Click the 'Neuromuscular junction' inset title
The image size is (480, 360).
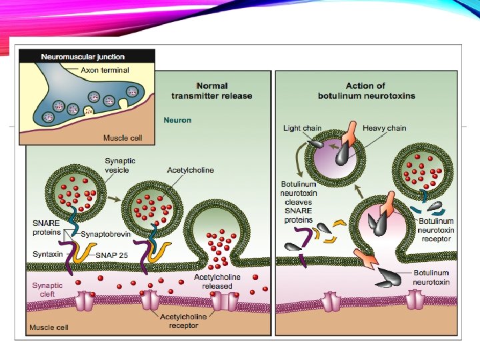pyautogui.click(x=79, y=57)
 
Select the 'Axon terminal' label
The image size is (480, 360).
pyautogui.click(x=105, y=69)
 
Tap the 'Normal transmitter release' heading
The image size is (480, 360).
pyautogui.click(x=211, y=91)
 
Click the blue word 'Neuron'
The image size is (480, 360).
pyautogui.click(x=177, y=121)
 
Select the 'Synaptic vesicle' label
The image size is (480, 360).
pyautogui.click(x=120, y=165)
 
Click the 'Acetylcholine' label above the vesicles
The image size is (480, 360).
pyautogui.click(x=191, y=170)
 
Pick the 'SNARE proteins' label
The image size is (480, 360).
pyautogui.click(x=47, y=227)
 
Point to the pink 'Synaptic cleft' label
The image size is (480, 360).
pyautogui.click(x=47, y=289)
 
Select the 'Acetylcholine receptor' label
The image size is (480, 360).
pyautogui.click(x=183, y=321)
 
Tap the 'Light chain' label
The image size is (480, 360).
pyautogui.click(x=302, y=128)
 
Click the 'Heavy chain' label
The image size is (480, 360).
pyautogui.click(x=384, y=128)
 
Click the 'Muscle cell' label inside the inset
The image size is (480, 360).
pyautogui.click(x=120, y=138)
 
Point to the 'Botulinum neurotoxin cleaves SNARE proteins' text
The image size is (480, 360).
pyautogui.click(x=298, y=201)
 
